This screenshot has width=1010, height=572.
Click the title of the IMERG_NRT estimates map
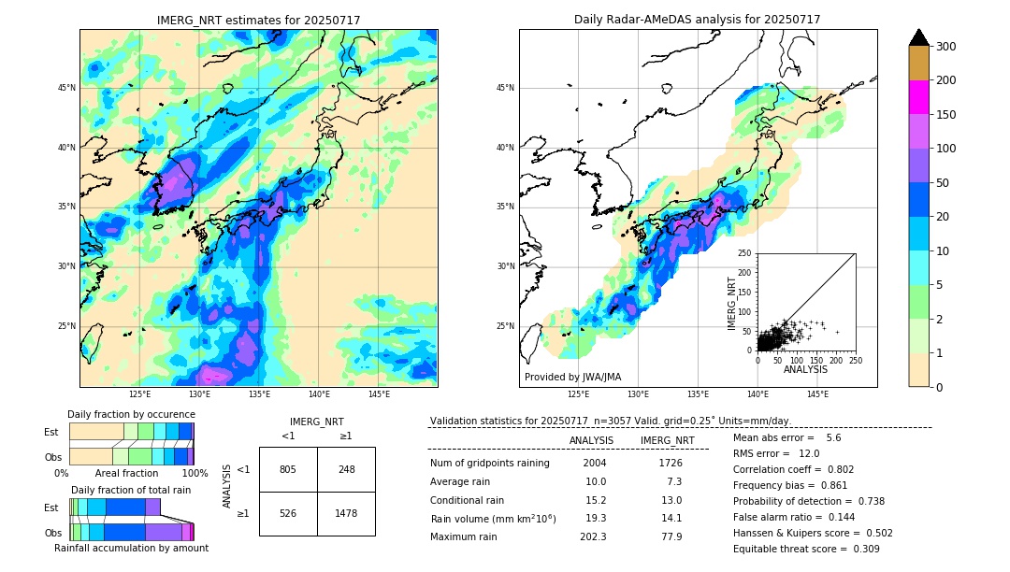pyautogui.click(x=258, y=20)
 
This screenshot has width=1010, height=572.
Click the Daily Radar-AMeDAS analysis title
pyautogui.click(x=697, y=20)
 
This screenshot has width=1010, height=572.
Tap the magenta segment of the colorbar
pyautogui.click(x=919, y=97)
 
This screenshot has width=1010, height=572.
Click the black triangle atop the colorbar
pyautogui.click(x=919, y=37)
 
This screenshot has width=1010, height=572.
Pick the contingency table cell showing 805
pyautogui.click(x=288, y=469)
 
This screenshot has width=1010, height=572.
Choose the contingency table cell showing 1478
pyautogui.click(x=346, y=513)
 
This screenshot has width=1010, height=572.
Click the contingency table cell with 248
pyautogui.click(x=346, y=469)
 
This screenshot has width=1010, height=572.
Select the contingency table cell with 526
pyautogui.click(x=288, y=513)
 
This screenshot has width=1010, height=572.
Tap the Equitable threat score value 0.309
pyautogui.click(x=864, y=549)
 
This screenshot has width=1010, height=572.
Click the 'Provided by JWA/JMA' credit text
pyautogui.click(x=572, y=377)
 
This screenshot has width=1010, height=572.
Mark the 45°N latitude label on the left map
pyautogui.click(x=66, y=88)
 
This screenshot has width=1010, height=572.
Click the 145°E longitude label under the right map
pyautogui.click(x=817, y=395)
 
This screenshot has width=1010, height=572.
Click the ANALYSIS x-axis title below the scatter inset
pyautogui.click(x=805, y=369)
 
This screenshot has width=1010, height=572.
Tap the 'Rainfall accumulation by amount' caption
pyautogui.click(x=131, y=548)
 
